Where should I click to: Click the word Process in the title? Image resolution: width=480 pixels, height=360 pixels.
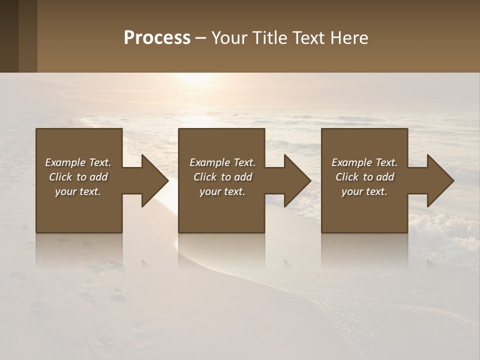tap(157, 38)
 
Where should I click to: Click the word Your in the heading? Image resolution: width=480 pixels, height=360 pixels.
tap(229, 38)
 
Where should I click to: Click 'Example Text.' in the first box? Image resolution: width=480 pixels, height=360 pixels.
tap(78, 162)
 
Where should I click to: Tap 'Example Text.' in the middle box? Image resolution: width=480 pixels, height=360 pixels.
tap(222, 162)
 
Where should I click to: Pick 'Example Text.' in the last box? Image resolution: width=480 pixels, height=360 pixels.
tap(364, 162)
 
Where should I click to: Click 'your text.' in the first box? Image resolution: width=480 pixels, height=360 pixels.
tap(78, 191)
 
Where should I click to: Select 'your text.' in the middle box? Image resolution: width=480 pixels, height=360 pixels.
tap(222, 191)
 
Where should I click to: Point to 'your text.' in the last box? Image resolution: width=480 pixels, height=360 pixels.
tap(364, 191)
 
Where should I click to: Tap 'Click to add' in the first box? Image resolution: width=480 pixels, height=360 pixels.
tap(78, 177)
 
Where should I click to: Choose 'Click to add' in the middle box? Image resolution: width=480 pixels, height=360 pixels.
tap(222, 177)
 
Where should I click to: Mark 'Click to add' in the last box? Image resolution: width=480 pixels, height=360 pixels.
tap(364, 177)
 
